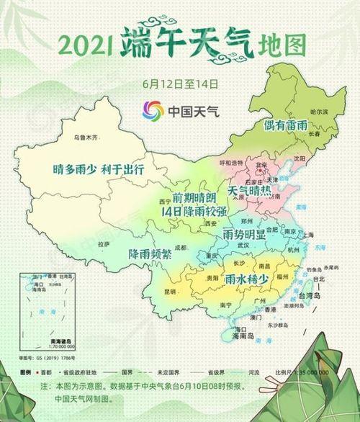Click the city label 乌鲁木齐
pyautogui.click(x=85, y=136)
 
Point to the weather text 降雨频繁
pyautogui.click(x=150, y=254)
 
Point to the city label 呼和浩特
pyautogui.click(x=232, y=163)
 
